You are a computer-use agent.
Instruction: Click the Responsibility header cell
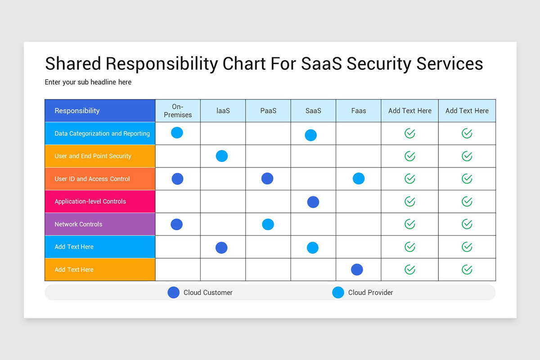pyautogui.click(x=100, y=111)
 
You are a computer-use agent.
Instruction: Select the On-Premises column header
pyautogui.click(x=178, y=111)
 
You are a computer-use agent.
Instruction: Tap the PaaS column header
pyautogui.click(x=268, y=111)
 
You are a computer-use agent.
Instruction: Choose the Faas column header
pyautogui.click(x=358, y=111)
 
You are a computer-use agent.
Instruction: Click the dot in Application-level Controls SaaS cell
pyautogui.click(x=313, y=202)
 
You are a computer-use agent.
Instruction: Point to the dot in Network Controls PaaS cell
pyautogui.click(x=268, y=224)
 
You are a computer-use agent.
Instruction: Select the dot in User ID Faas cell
pyautogui.click(x=359, y=179)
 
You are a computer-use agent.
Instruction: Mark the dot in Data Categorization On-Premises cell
pyautogui.click(x=177, y=133)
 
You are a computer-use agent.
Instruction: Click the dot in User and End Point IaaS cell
pyautogui.click(x=222, y=156)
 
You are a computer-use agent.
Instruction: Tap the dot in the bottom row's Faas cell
pyautogui.click(x=357, y=270)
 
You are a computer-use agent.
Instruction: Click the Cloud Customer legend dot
pyautogui.click(x=174, y=292)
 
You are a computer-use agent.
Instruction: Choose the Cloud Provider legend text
pyautogui.click(x=370, y=292)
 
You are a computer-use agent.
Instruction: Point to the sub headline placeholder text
pyautogui.click(x=88, y=82)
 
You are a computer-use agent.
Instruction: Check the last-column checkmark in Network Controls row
pyautogui.click(x=467, y=224)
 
